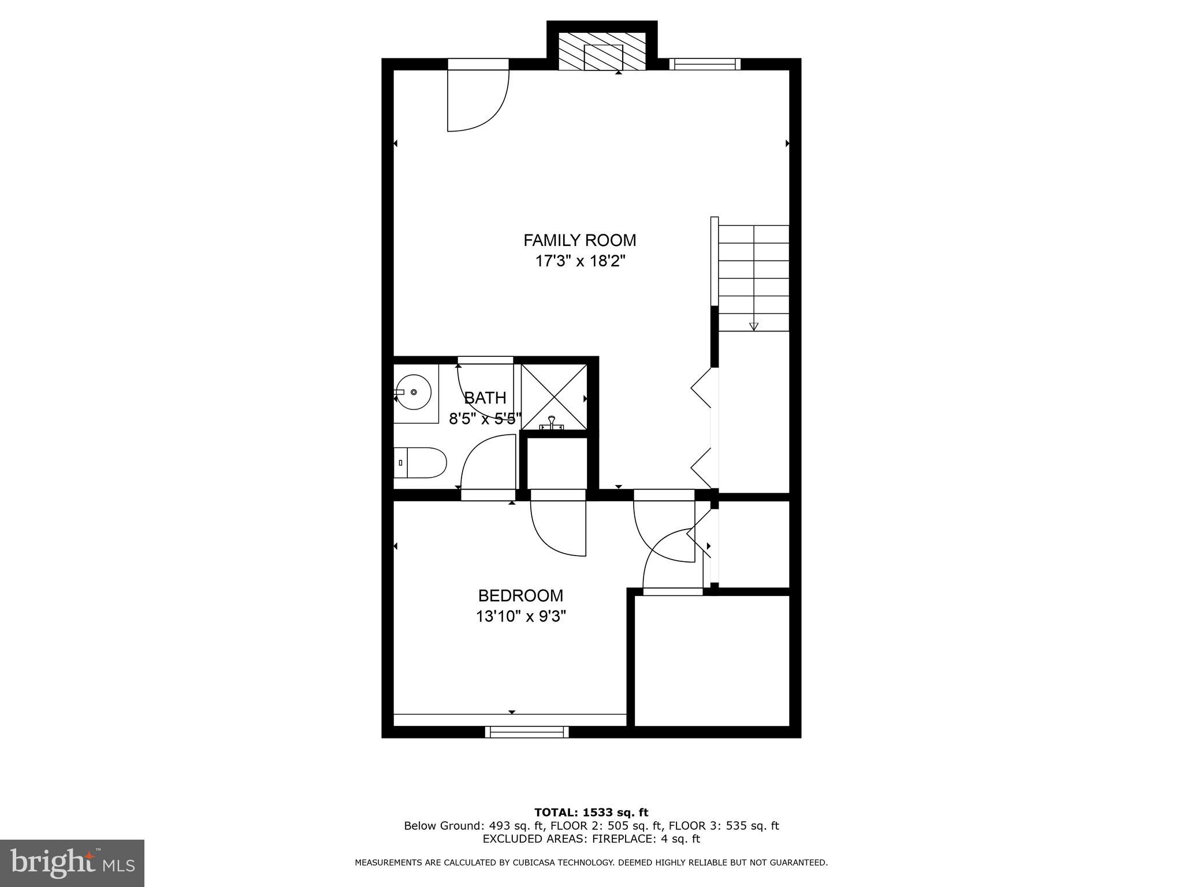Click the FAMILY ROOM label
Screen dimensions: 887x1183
click(x=579, y=240)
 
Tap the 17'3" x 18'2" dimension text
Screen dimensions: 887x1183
click(x=580, y=261)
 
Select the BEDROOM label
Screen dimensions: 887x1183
click(x=520, y=595)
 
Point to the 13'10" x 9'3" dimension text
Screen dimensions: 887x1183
click(x=520, y=617)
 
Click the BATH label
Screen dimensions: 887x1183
click(x=485, y=398)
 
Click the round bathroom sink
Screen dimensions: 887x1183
click(x=413, y=392)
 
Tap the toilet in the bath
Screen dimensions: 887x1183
click(x=422, y=463)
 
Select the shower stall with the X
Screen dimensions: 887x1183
click(x=554, y=397)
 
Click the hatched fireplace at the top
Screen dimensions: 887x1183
click(x=602, y=52)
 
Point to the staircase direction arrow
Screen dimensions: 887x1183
click(x=753, y=326)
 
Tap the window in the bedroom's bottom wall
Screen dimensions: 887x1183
click(x=526, y=732)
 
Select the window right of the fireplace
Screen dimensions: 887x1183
click(x=705, y=64)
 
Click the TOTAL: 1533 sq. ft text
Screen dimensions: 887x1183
click(x=591, y=813)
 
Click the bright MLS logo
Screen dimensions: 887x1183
click(x=72, y=863)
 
